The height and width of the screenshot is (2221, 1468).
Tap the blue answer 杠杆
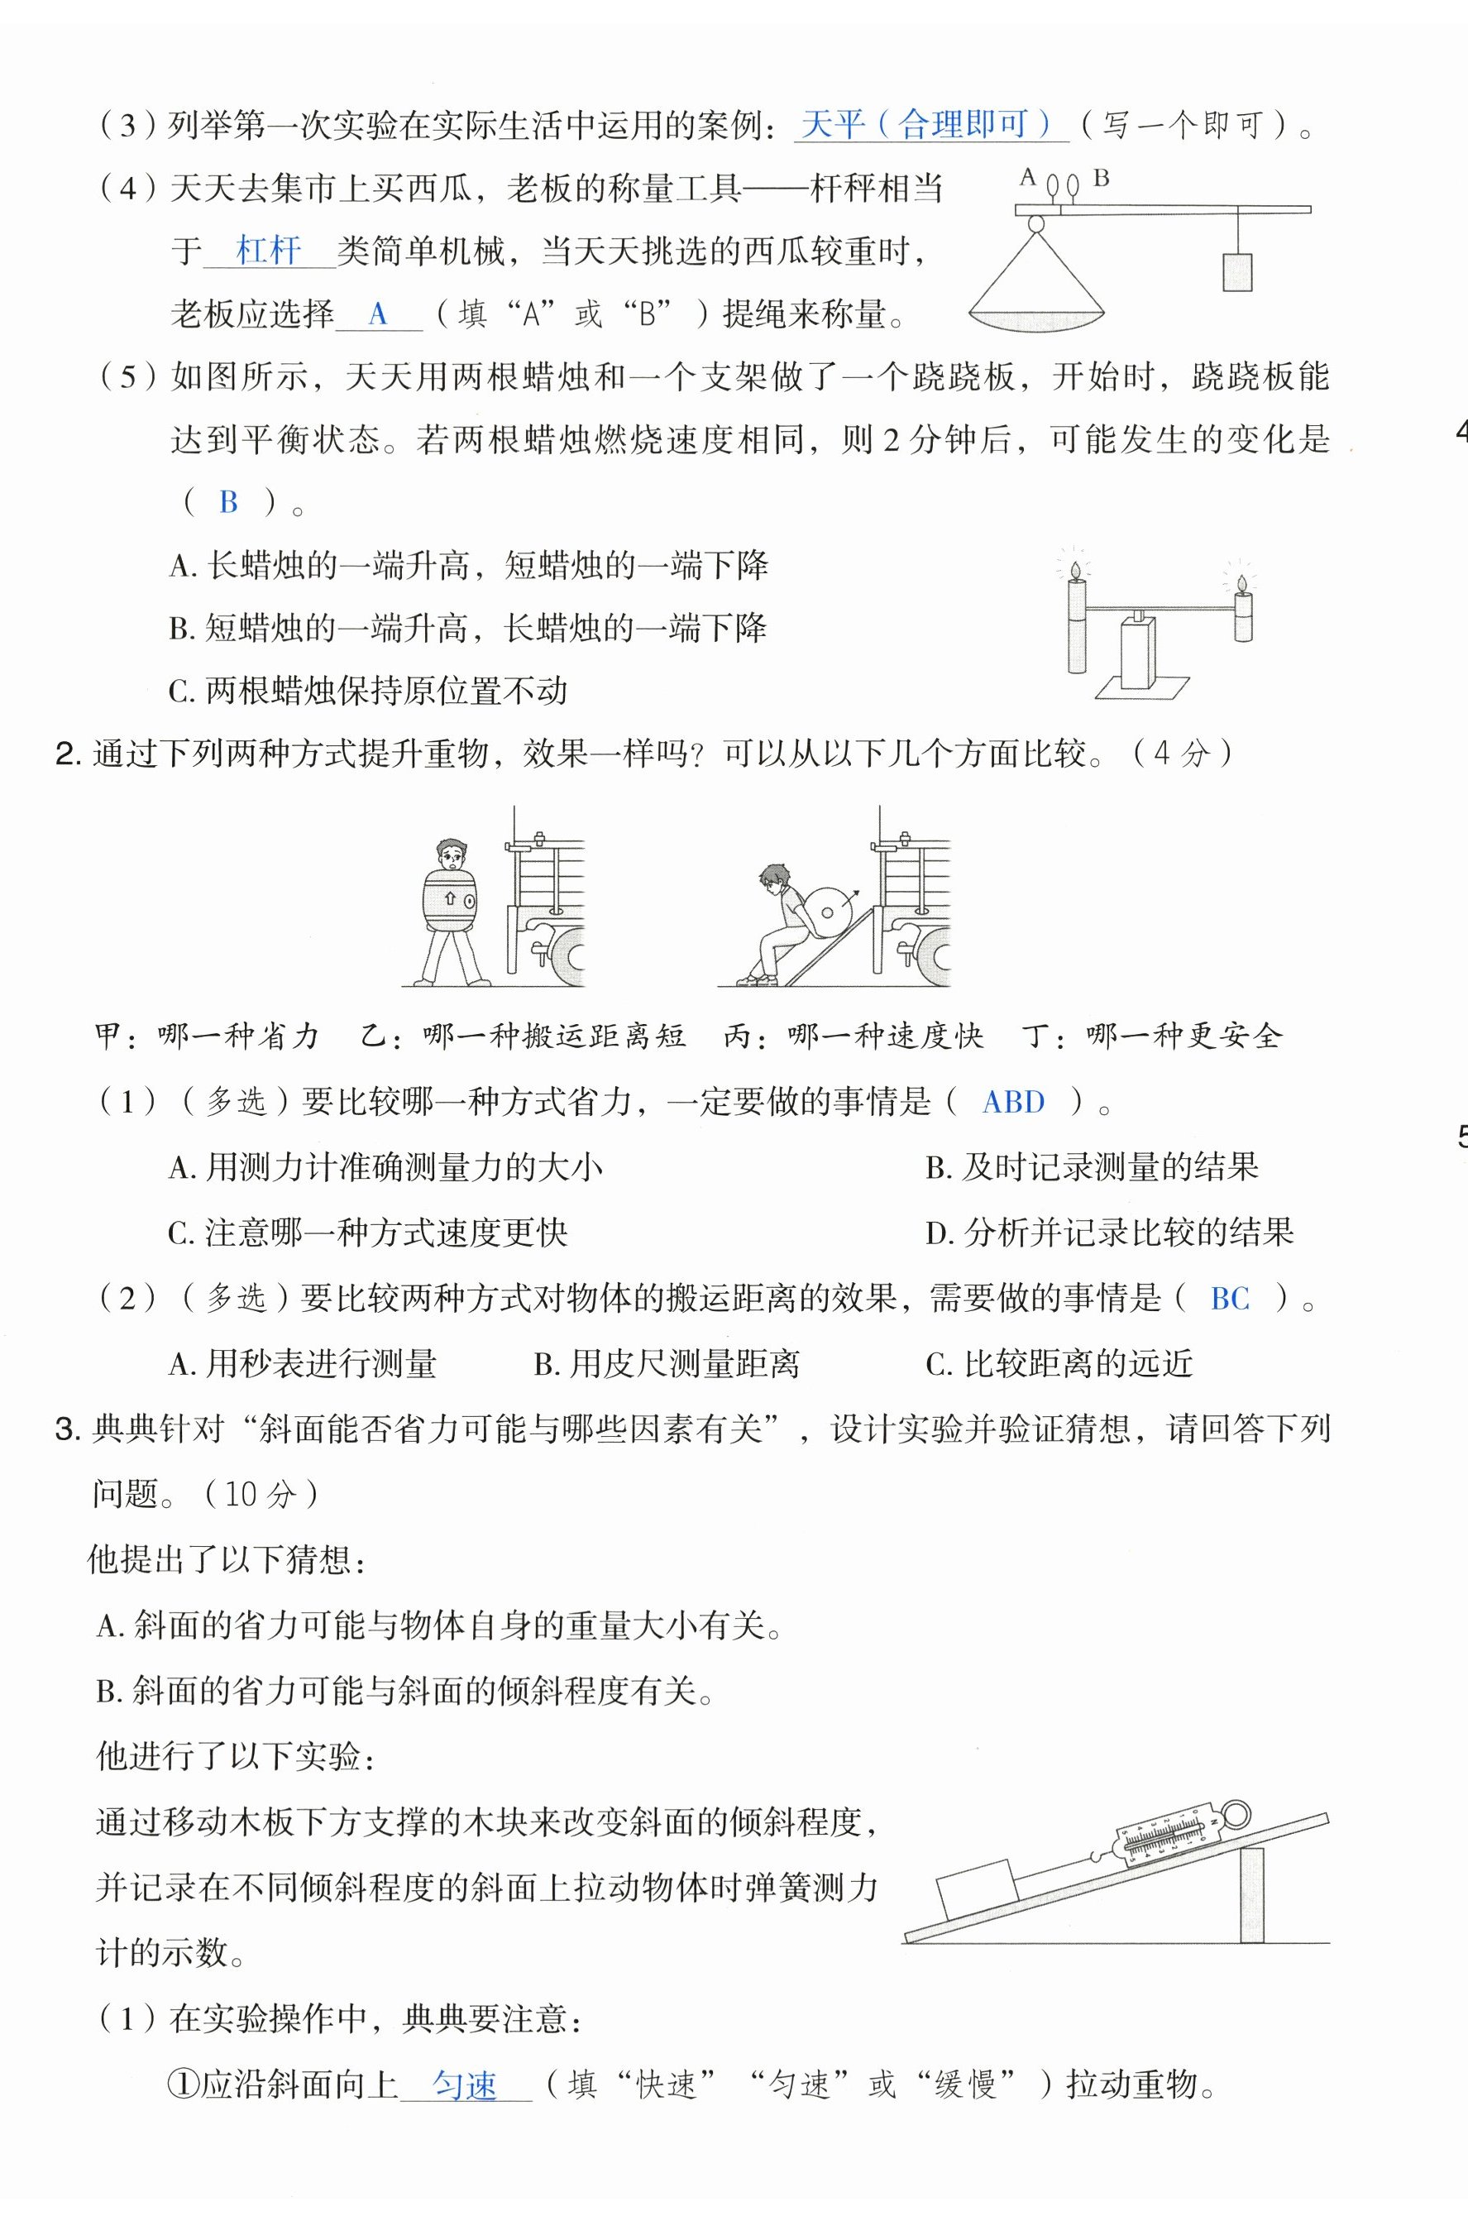tap(268, 251)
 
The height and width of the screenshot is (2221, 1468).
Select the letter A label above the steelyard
tap(1028, 176)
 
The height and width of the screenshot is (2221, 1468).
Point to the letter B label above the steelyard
tap(1102, 176)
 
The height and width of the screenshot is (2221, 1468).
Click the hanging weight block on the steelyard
tap(1236, 272)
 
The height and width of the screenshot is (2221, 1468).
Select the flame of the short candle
tap(1242, 584)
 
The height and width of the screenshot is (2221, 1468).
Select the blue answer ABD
tap(1013, 1102)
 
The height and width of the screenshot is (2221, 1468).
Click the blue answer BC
tap(1229, 1299)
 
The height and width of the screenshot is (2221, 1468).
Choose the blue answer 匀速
tap(464, 2085)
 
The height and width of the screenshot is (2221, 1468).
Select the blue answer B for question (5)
tap(228, 503)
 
